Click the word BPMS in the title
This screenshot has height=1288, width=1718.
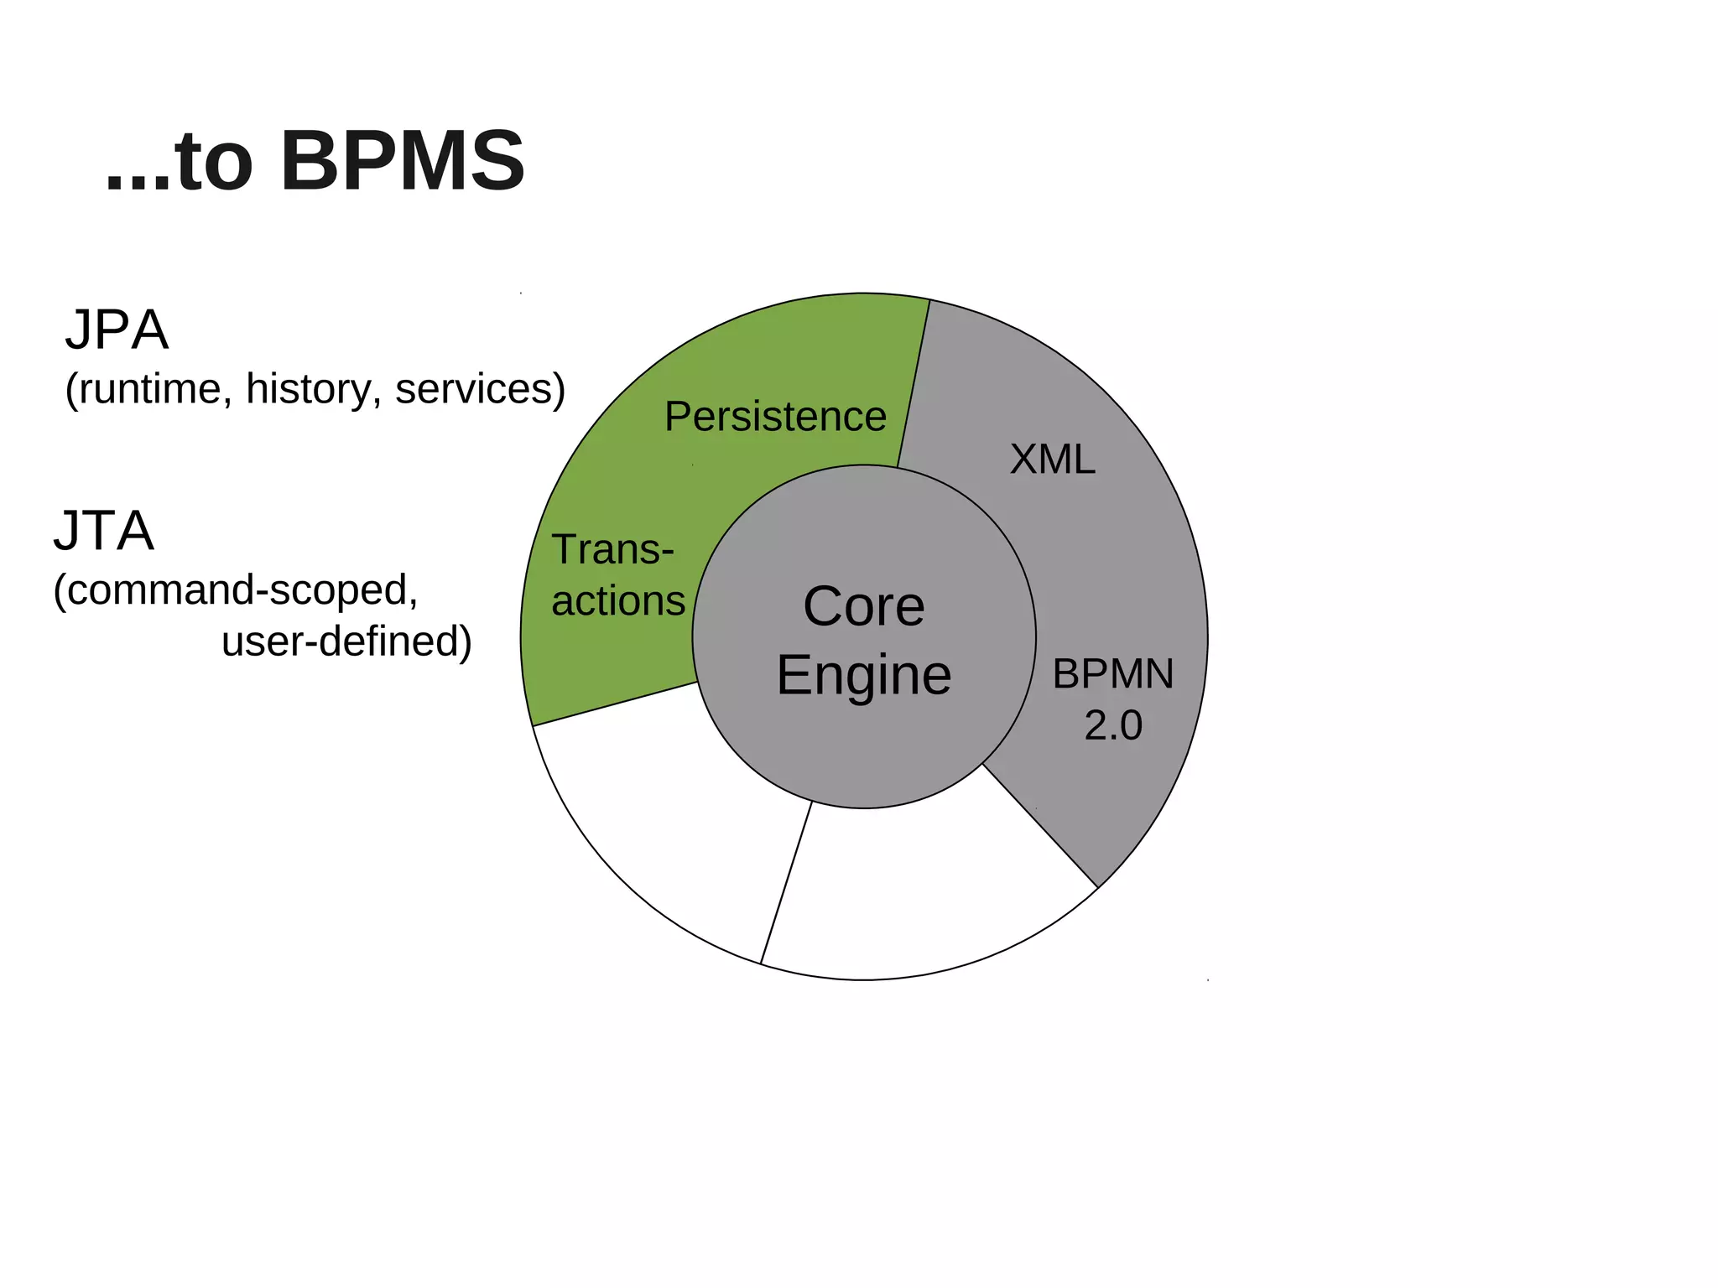point(402,161)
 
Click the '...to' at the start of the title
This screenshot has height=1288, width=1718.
point(179,161)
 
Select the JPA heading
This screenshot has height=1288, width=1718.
point(117,330)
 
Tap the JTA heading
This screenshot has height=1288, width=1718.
point(104,531)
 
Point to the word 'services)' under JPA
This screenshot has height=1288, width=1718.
point(480,389)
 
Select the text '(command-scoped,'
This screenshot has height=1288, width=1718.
point(236,590)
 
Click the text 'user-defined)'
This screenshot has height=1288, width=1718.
point(346,641)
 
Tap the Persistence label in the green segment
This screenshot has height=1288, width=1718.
point(775,417)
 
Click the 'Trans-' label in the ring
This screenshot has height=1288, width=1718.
point(612,550)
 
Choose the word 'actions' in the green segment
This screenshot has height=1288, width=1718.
point(618,601)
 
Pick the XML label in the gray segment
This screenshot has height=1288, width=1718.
point(1052,460)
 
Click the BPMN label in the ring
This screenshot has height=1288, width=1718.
point(1113,674)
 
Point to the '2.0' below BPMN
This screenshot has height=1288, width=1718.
point(1113,725)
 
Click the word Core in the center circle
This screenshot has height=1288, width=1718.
point(863,606)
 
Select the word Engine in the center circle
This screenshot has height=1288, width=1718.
point(863,675)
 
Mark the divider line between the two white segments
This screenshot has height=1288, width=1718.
point(786,882)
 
